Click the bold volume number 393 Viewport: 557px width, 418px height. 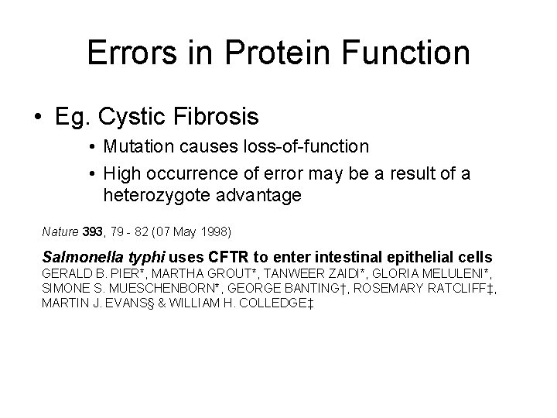pyautogui.click(x=97, y=231)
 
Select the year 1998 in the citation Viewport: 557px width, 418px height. pyautogui.click(x=217, y=231)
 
